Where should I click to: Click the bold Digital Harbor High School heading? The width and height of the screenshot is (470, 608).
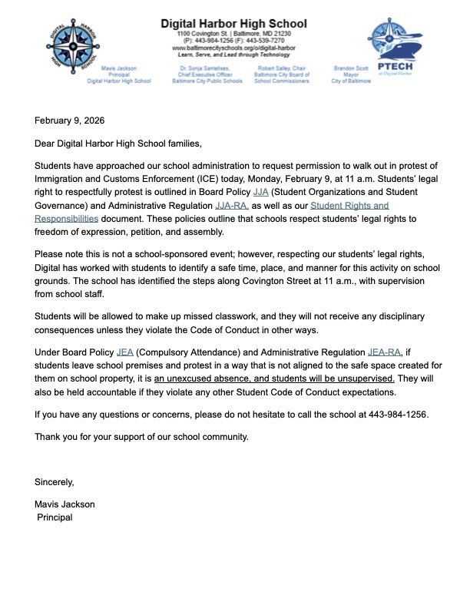pyautogui.click(x=233, y=24)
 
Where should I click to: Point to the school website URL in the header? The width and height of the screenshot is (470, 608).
pyautogui.click(x=233, y=48)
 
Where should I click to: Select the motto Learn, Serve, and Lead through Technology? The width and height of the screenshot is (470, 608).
pyautogui.click(x=233, y=55)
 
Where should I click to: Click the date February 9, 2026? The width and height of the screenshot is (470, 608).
pyautogui.click(x=69, y=121)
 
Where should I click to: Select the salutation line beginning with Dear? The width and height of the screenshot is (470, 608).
pyautogui.click(x=118, y=144)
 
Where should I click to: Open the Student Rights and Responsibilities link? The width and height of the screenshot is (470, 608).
pyautogui.click(x=349, y=206)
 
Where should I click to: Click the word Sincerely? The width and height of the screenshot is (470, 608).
pyautogui.click(x=55, y=482)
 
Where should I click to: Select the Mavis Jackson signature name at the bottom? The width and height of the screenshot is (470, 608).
pyautogui.click(x=65, y=504)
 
